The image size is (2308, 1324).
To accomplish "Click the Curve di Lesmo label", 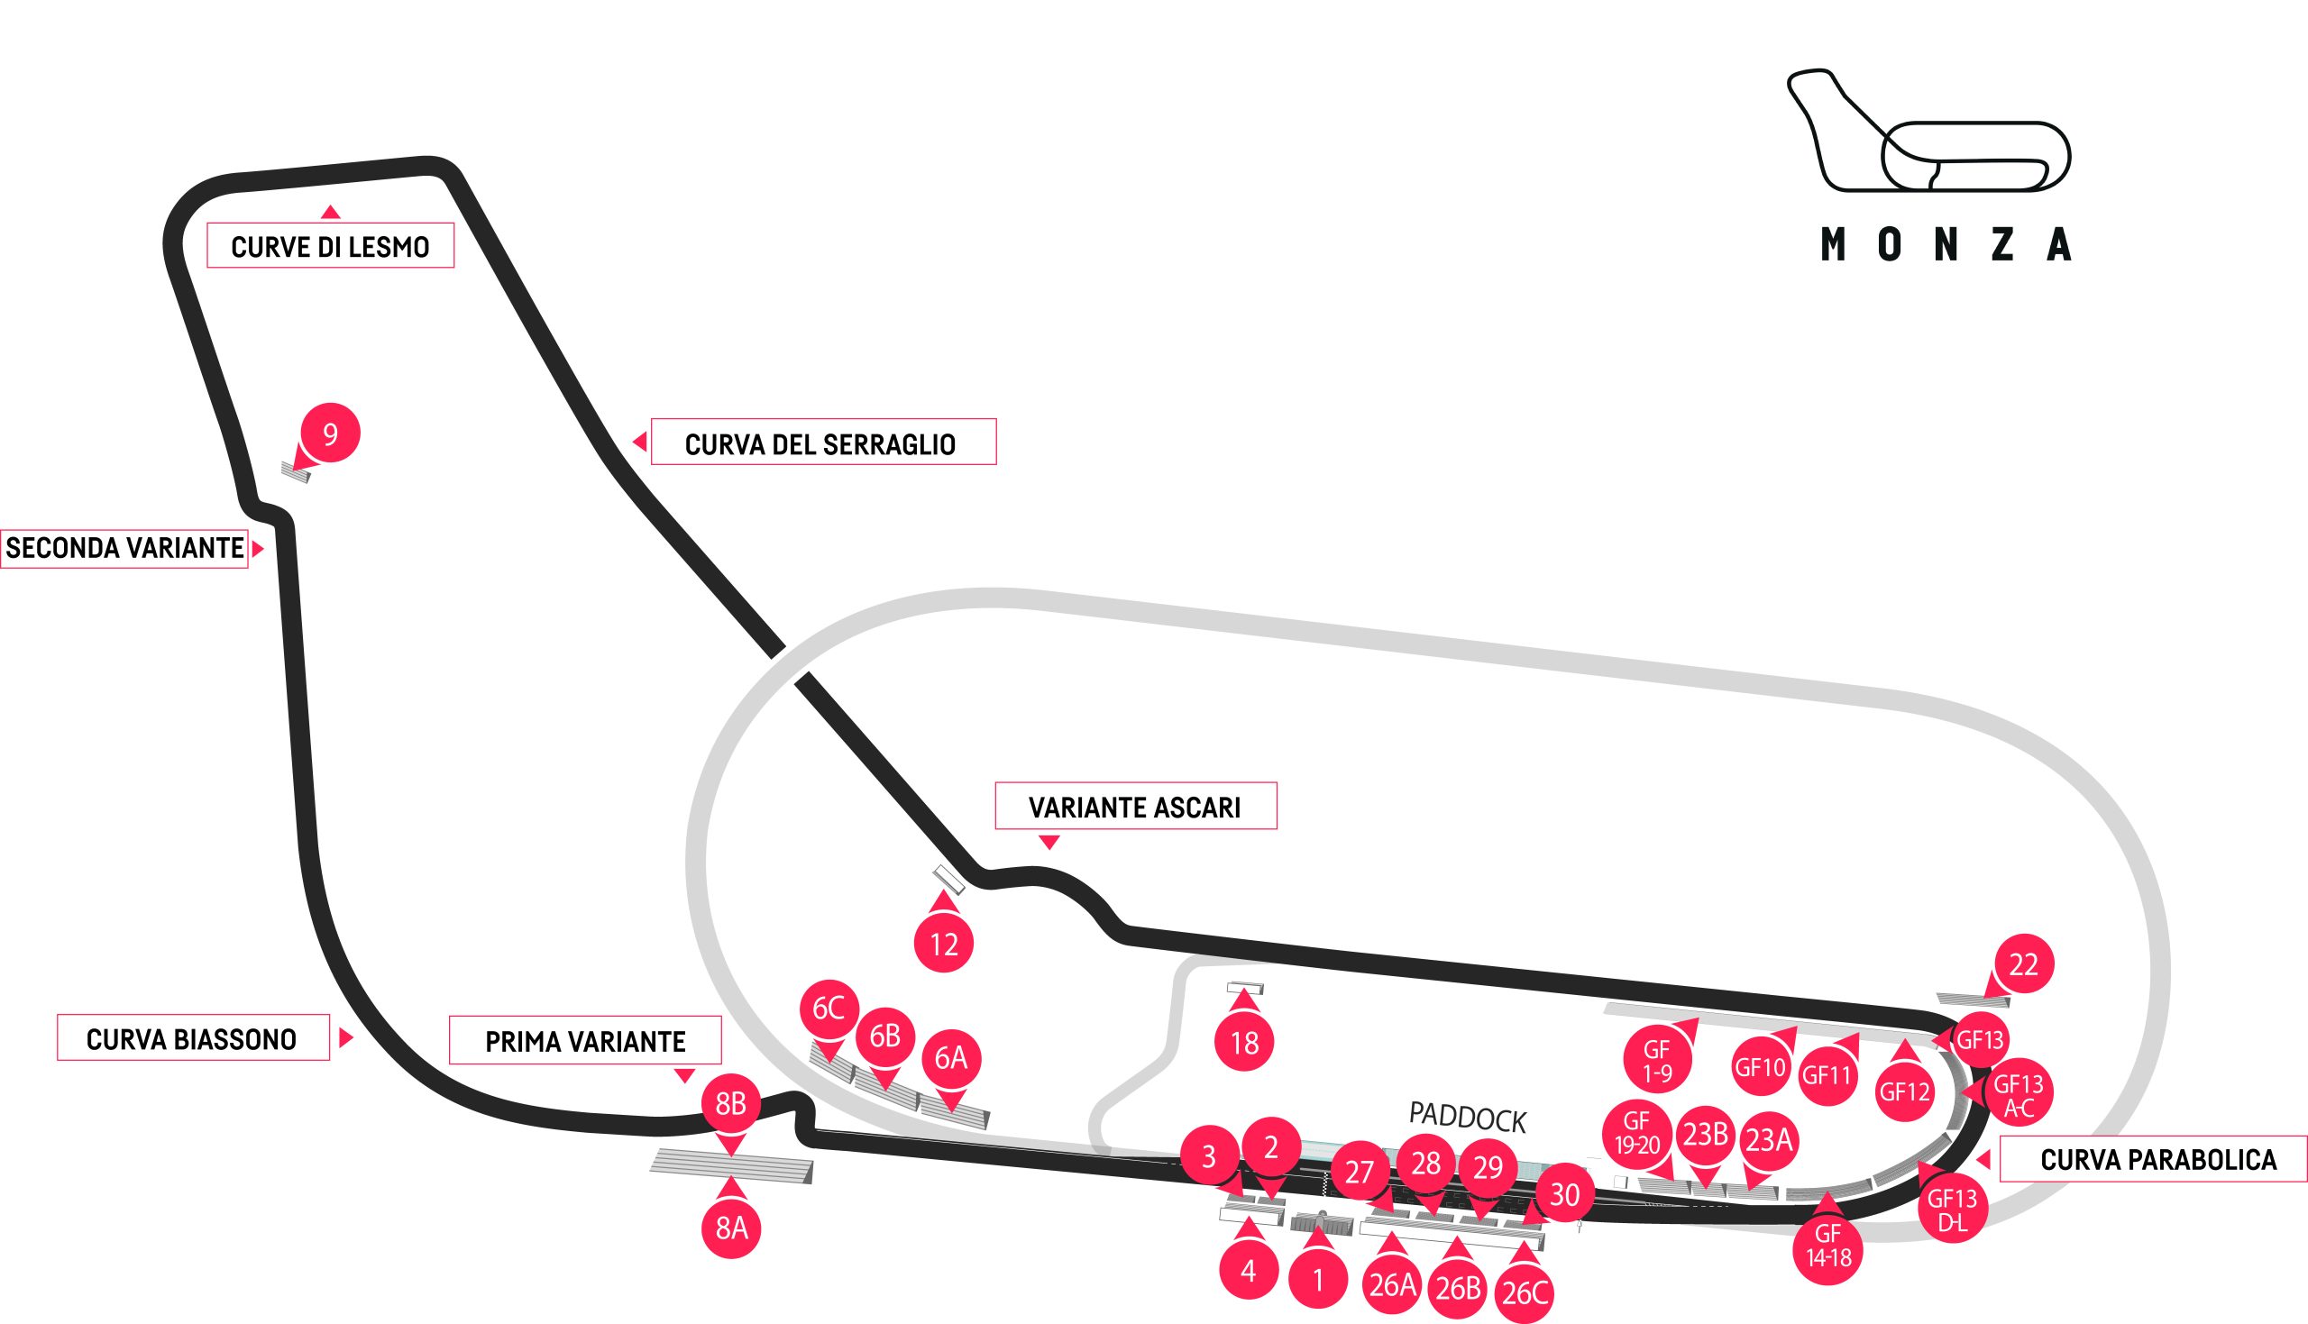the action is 330,245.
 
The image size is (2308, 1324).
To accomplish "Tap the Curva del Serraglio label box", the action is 823,442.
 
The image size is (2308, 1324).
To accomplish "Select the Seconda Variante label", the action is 124,548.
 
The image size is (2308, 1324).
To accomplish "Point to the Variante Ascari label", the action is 1136,806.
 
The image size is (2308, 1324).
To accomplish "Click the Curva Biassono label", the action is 193,1037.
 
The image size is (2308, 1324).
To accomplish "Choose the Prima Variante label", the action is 586,1040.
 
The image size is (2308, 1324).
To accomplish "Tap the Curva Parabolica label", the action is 2154,1159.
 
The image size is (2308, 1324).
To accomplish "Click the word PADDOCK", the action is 1467,1117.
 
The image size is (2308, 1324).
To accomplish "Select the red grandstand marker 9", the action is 330,433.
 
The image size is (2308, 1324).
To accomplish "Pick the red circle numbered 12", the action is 944,944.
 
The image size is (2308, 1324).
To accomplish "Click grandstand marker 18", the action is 1244,1042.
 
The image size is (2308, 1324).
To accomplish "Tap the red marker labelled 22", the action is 2023,963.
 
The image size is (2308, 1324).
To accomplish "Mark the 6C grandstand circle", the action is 829,1009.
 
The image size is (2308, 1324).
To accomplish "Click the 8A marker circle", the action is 731,1228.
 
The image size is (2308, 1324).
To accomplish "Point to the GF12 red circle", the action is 1904,1091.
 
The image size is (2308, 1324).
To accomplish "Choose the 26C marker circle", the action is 1525,1292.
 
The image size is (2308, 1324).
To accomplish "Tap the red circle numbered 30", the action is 1564,1194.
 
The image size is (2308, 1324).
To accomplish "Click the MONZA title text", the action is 1946,244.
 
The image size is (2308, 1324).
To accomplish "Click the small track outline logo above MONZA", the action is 1928,130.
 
